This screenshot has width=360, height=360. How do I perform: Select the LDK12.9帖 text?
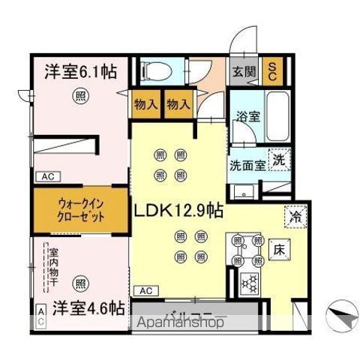[178, 212]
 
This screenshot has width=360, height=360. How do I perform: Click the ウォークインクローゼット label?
[78, 208]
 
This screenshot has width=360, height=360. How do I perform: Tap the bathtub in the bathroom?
[279, 114]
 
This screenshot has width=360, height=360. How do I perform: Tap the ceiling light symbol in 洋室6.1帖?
[78, 95]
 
